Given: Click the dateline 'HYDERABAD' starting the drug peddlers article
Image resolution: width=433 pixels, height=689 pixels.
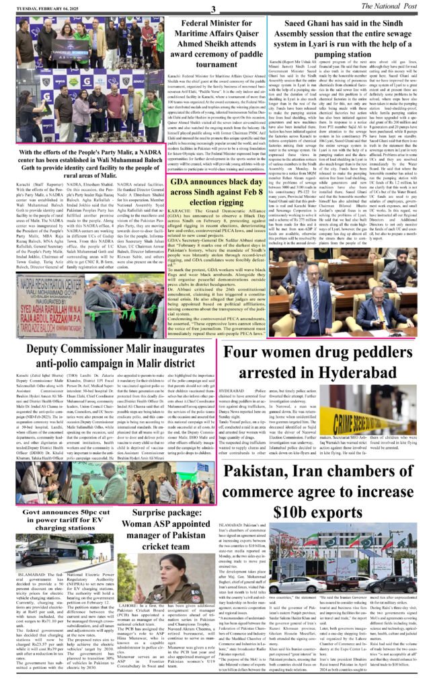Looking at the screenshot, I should (237, 389).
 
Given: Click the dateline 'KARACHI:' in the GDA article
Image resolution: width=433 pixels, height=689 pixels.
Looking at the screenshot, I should (168, 228).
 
